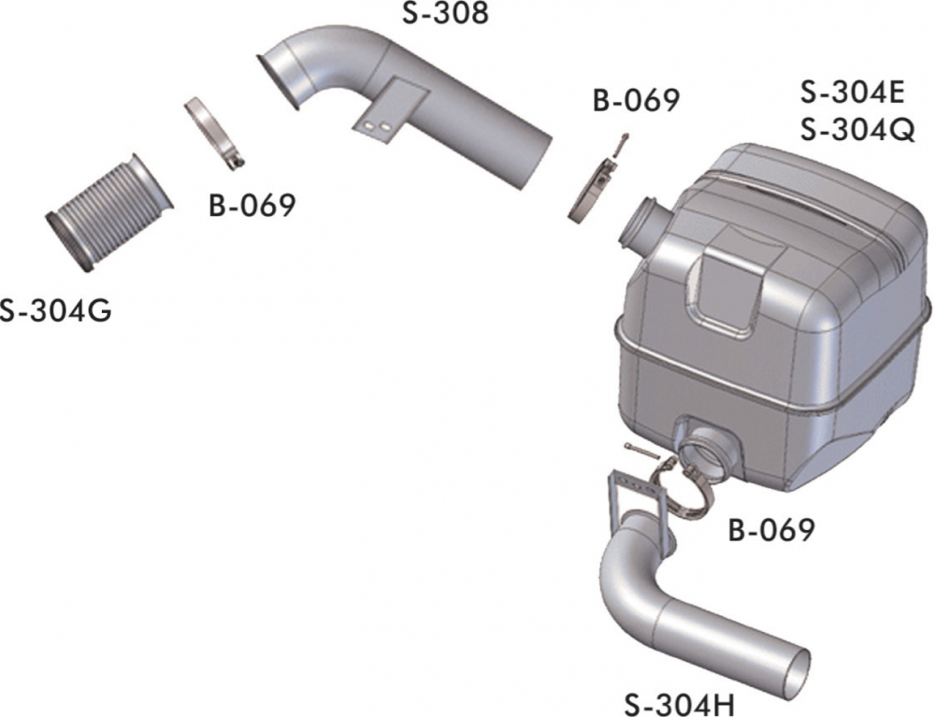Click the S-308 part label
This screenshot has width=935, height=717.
click(445, 12)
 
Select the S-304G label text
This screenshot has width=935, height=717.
click(55, 310)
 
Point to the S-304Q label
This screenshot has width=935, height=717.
click(857, 129)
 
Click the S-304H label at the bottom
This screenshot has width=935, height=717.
click(680, 705)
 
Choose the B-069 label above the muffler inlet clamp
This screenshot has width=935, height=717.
click(636, 100)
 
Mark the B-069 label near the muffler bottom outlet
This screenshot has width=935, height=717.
click(771, 530)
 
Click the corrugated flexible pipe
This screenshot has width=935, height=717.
click(109, 213)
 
